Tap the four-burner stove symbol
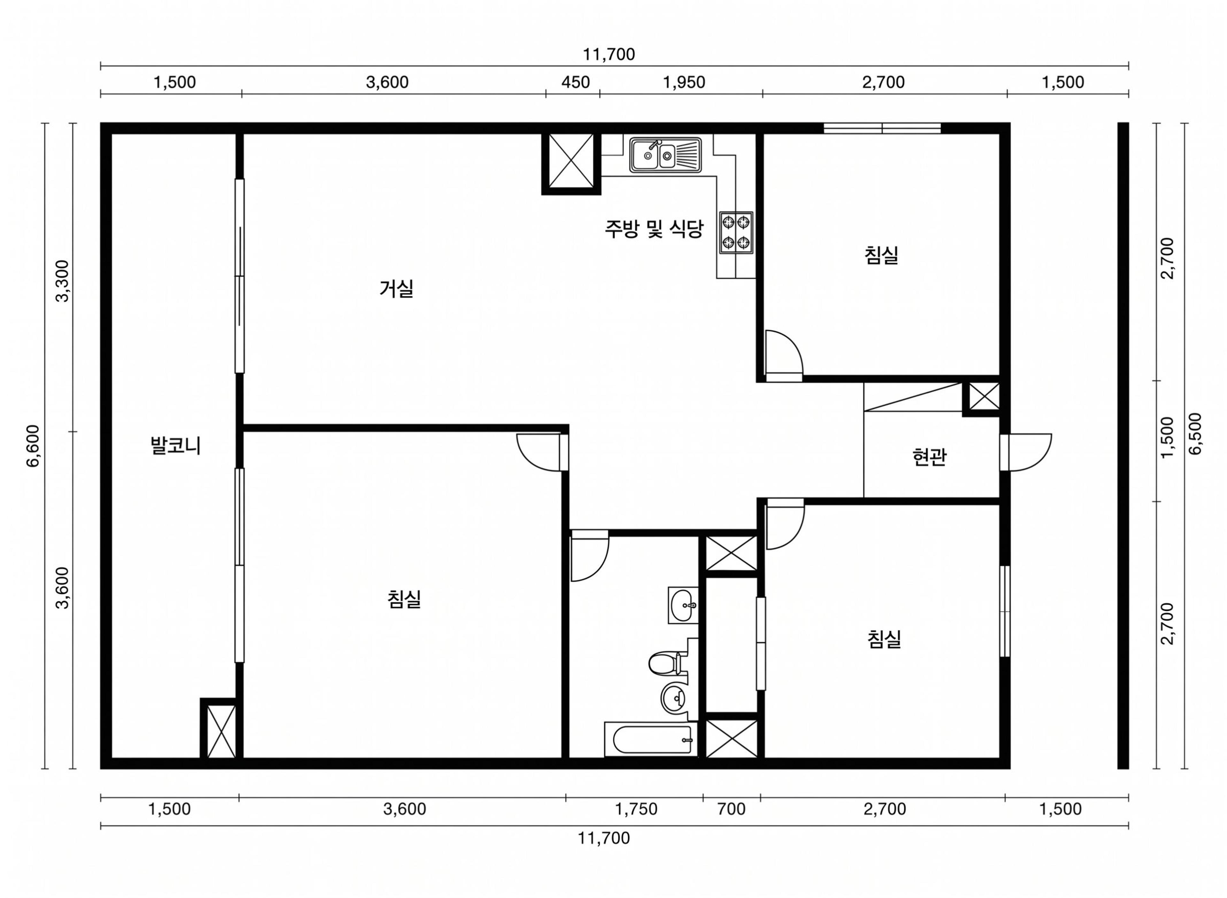[736, 232]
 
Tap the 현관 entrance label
[929, 457]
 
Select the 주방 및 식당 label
[654, 229]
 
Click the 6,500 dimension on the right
[1195, 434]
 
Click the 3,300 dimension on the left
[63, 281]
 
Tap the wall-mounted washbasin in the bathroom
[683, 605]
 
